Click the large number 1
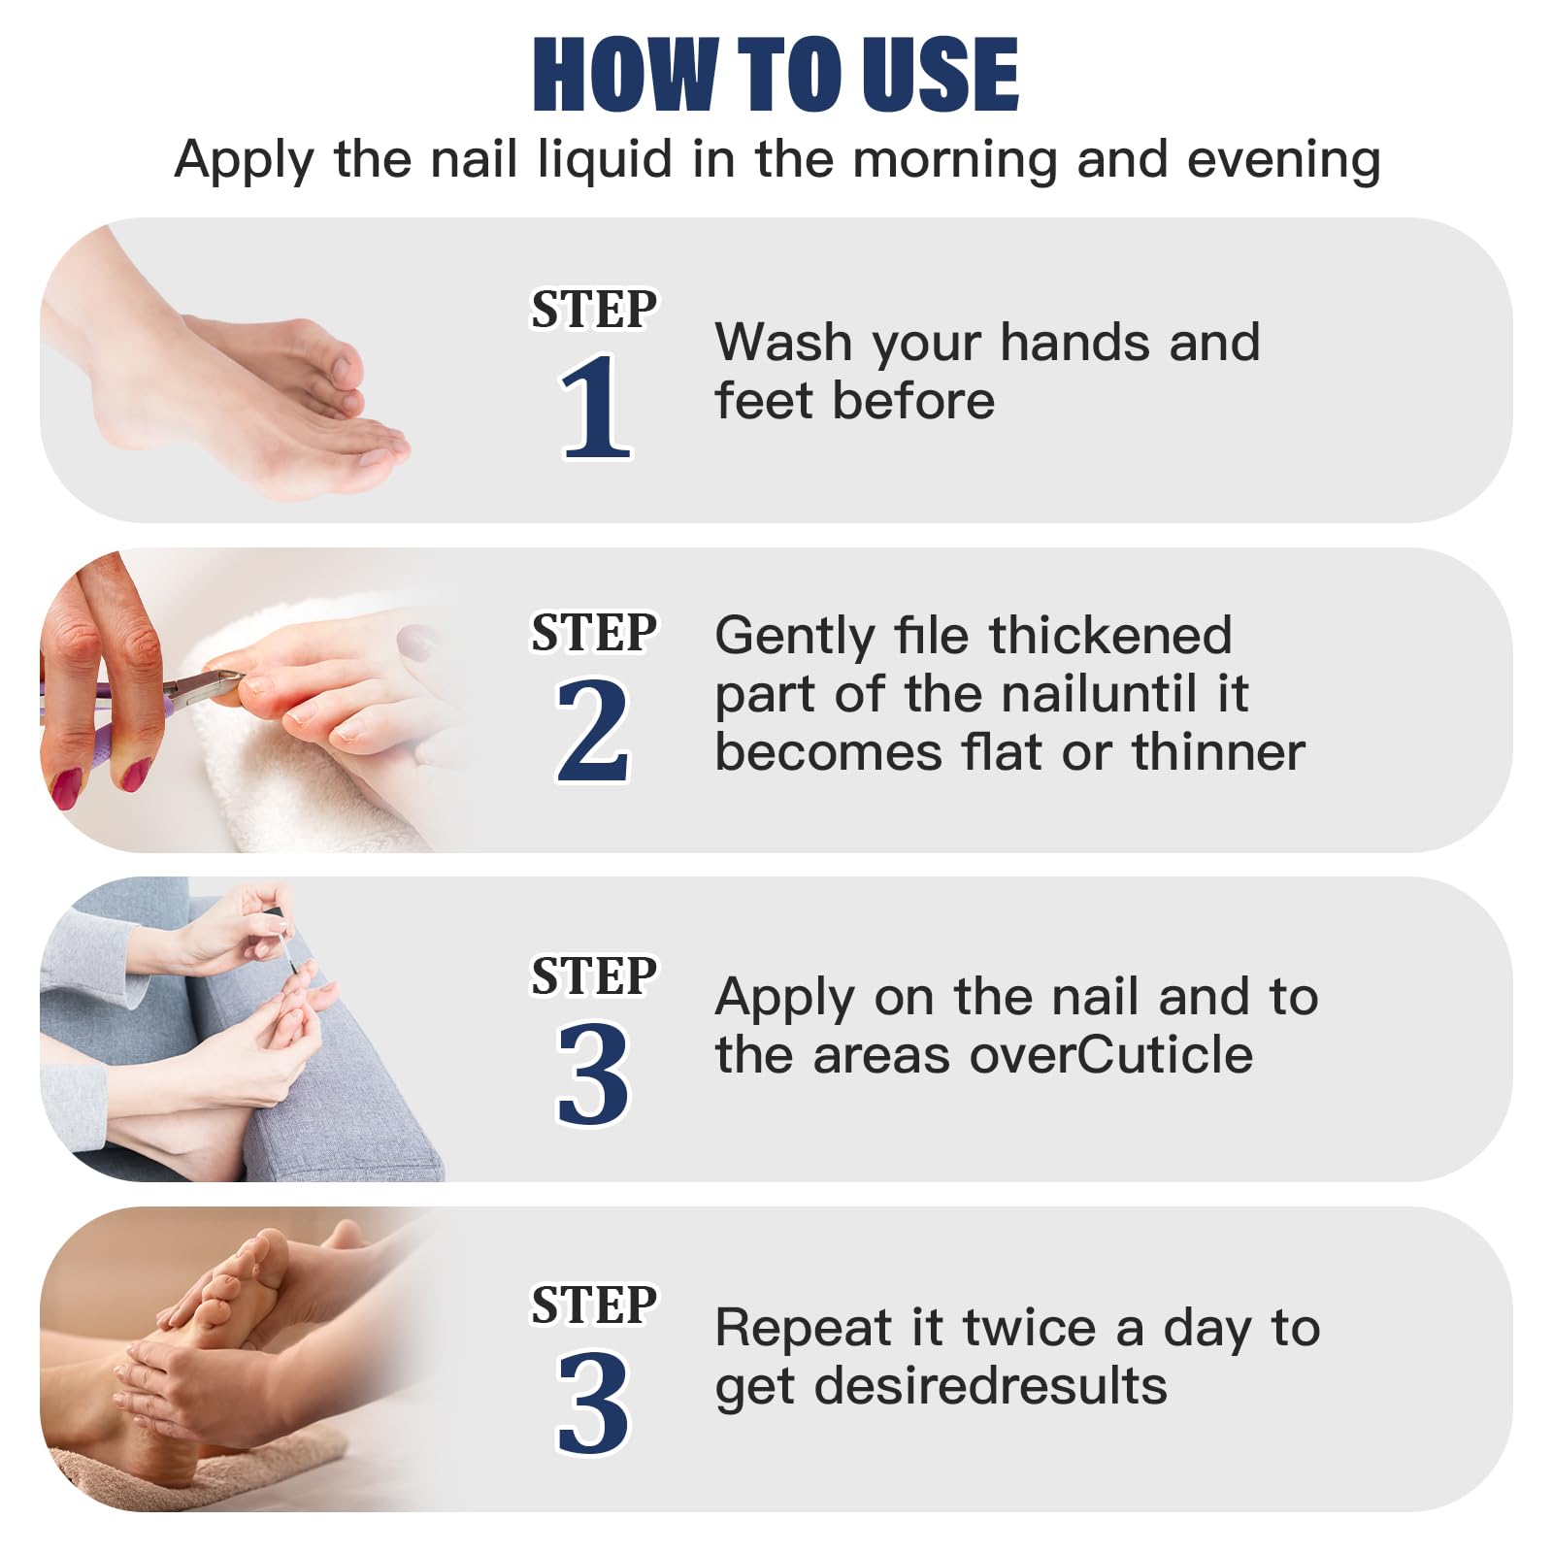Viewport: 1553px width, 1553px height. [x=594, y=408]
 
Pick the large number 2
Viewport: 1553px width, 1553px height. [x=592, y=730]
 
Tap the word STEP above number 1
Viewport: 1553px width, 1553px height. [x=593, y=311]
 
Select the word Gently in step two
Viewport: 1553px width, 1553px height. [x=794, y=638]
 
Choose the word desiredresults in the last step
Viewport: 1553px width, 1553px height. [x=990, y=1386]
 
